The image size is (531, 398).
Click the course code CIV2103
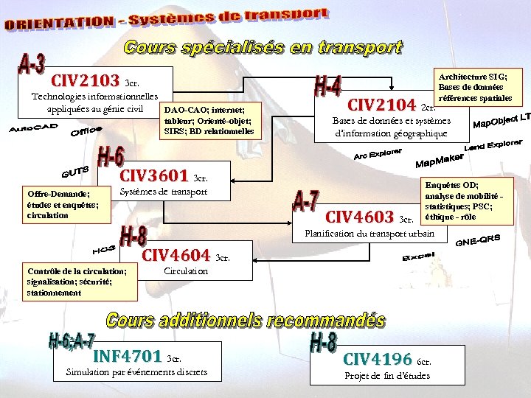tap(85, 79)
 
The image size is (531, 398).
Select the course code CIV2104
tap(381, 105)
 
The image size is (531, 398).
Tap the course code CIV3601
tap(153, 175)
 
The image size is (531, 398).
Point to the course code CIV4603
tap(359, 217)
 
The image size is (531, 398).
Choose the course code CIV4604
tap(176, 256)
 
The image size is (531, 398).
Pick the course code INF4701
tap(127, 357)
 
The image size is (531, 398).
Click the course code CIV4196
tap(378, 359)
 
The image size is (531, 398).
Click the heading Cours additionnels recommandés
tap(246, 321)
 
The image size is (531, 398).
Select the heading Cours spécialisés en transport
tap(263, 48)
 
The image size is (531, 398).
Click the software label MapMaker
tap(440, 160)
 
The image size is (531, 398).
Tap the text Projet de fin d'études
tap(387, 376)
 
